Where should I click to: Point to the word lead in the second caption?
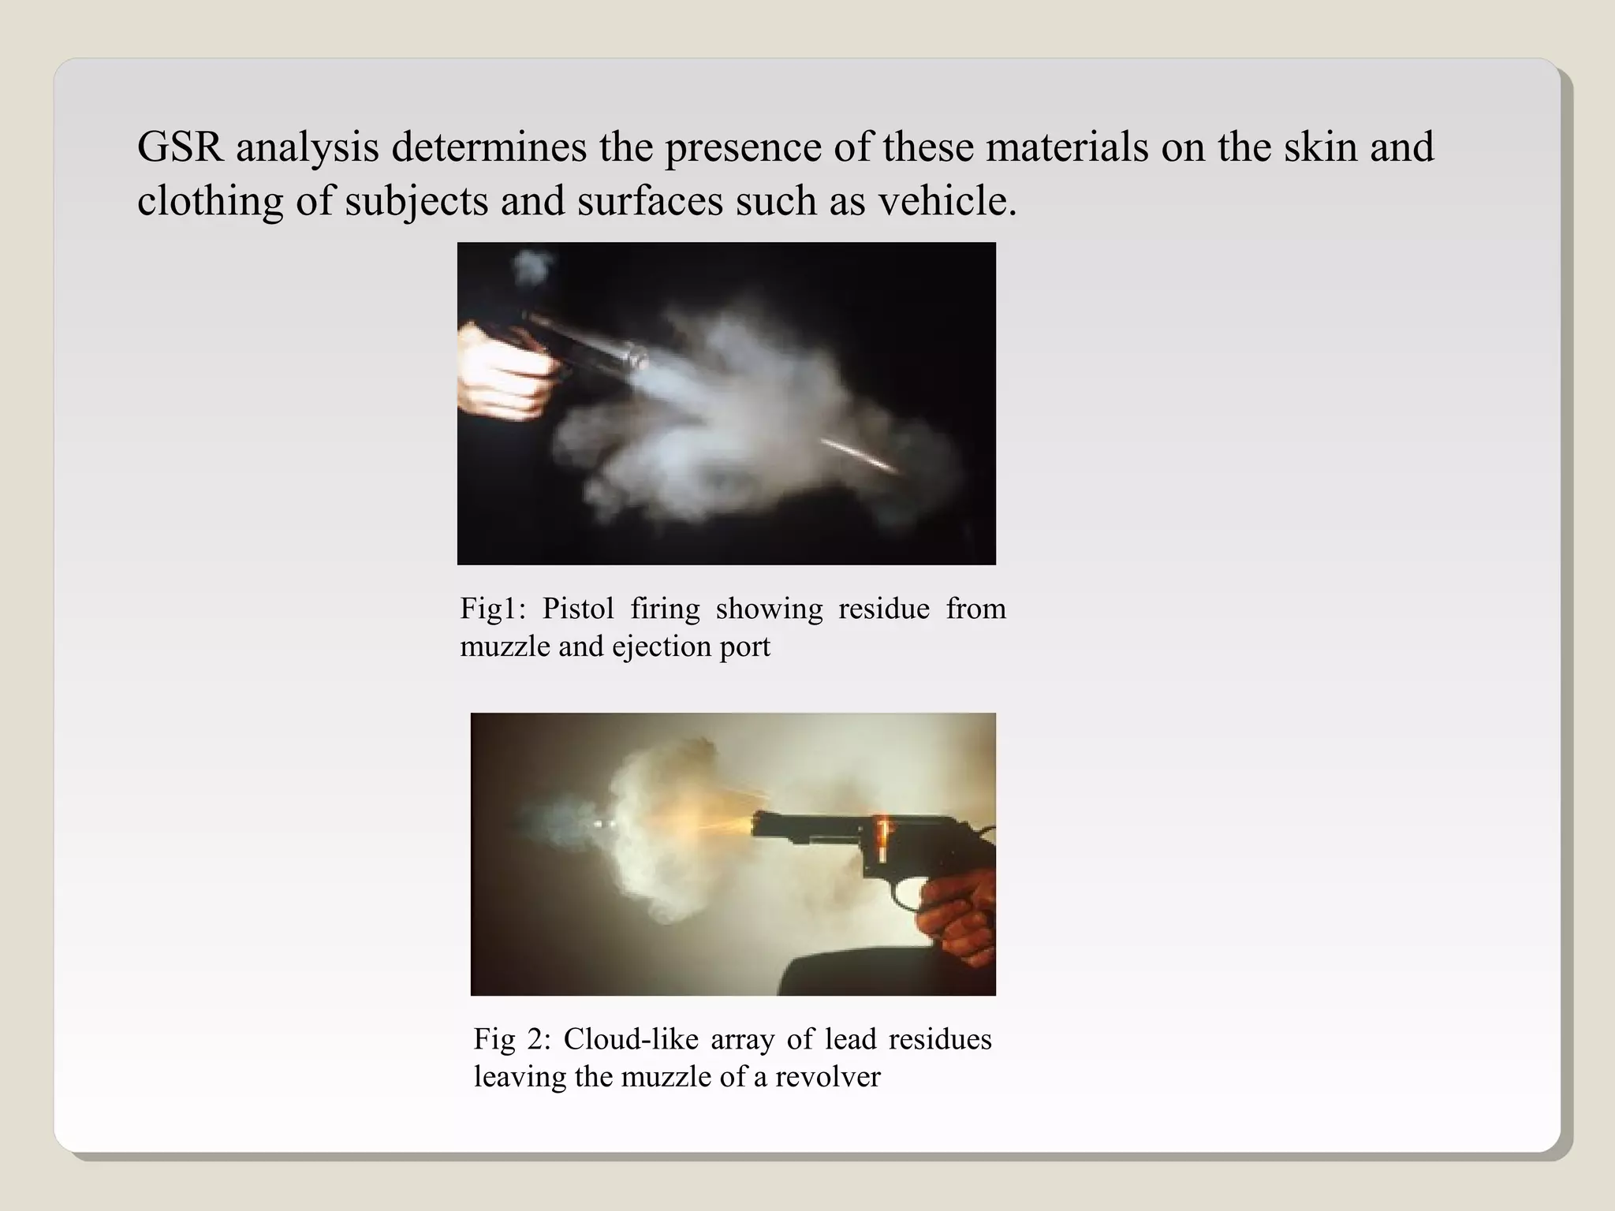pos(851,1039)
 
